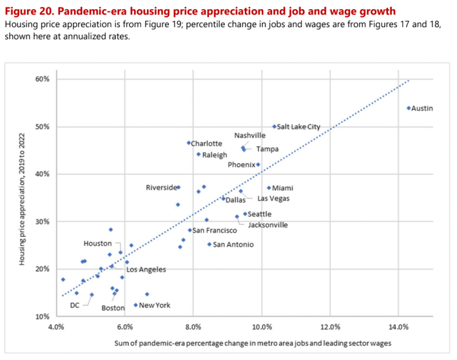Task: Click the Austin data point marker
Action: tap(409, 108)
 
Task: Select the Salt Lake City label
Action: tap(298, 127)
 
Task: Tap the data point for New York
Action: tap(136, 305)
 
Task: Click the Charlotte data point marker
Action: tap(189, 143)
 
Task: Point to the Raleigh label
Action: tap(215, 155)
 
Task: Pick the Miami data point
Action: tap(269, 188)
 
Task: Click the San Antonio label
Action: tap(233, 245)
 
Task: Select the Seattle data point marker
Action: tap(245, 214)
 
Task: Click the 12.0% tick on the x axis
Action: tap(329, 327)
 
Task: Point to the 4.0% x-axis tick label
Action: tap(57, 327)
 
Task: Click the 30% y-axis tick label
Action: tap(43, 221)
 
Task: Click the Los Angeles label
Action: tap(146, 269)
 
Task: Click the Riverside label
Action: tap(161, 188)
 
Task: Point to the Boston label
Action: tap(113, 308)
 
